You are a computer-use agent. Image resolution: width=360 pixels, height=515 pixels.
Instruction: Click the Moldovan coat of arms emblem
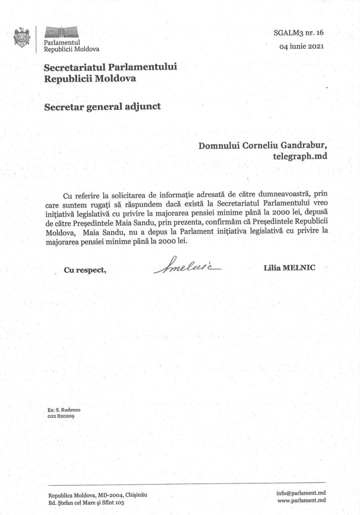[22, 37]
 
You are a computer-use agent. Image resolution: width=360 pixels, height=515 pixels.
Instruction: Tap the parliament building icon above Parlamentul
[61, 32]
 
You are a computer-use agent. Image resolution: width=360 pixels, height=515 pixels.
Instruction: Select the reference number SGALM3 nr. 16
[298, 33]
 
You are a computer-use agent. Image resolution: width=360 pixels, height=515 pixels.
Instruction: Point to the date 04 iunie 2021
[302, 46]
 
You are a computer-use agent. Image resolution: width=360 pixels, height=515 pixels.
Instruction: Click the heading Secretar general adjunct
[102, 107]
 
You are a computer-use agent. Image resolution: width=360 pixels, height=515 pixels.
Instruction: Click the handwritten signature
[187, 266]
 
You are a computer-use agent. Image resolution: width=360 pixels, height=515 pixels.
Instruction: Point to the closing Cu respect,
[85, 270]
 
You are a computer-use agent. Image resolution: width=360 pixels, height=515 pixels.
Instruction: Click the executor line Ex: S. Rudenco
[64, 410]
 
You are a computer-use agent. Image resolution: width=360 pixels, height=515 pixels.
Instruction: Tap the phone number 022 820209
[61, 416]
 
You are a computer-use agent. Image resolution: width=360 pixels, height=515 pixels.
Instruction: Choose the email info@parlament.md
[301, 493]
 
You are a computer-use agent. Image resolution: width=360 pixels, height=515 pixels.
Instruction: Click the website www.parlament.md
[301, 501]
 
